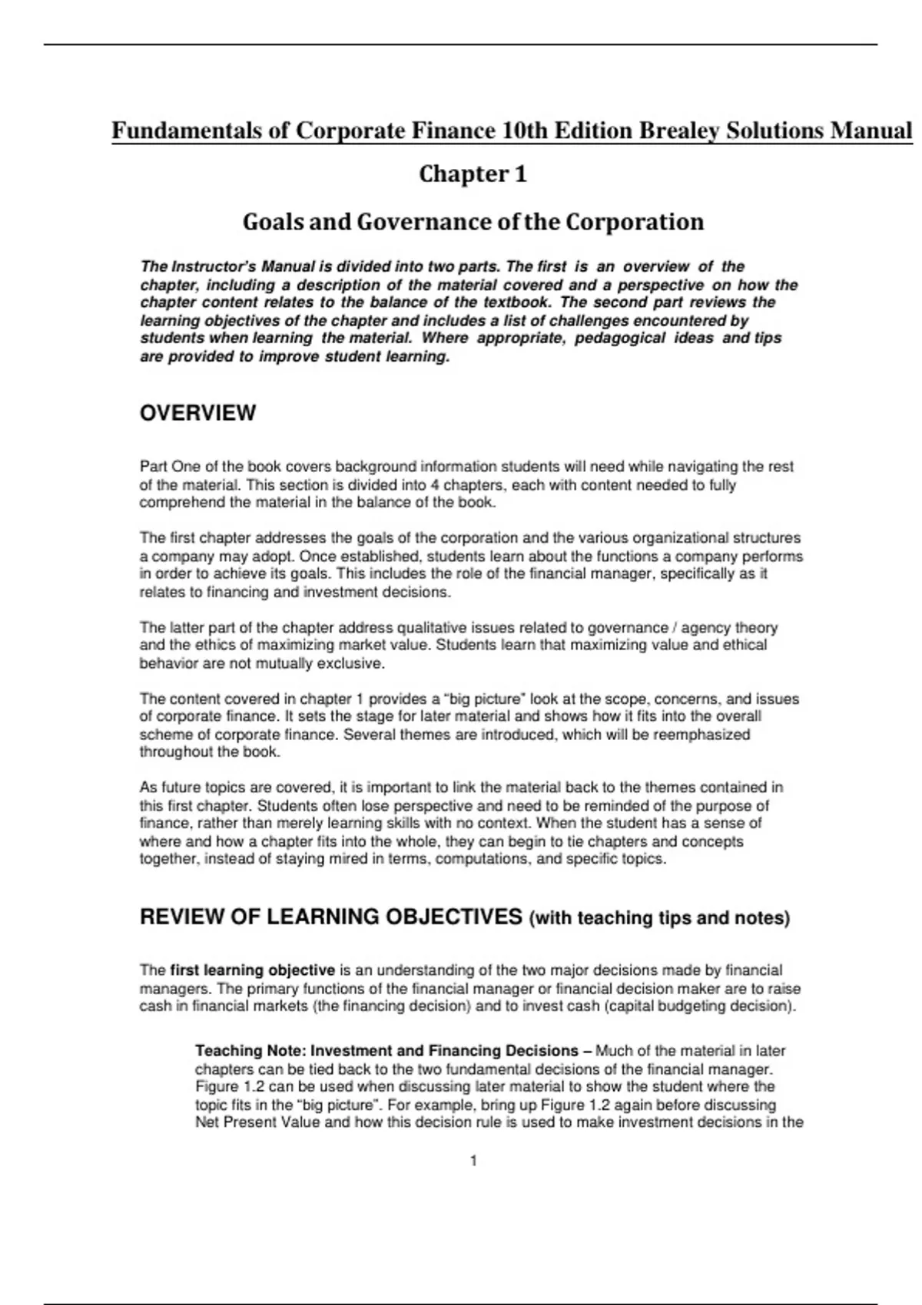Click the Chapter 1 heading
pos(473,174)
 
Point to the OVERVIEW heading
pos(197,413)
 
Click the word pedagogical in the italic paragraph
pos(620,339)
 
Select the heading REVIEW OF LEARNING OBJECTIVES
pos(331,917)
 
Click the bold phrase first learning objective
pos(252,970)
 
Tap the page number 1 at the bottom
pos(473,1161)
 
